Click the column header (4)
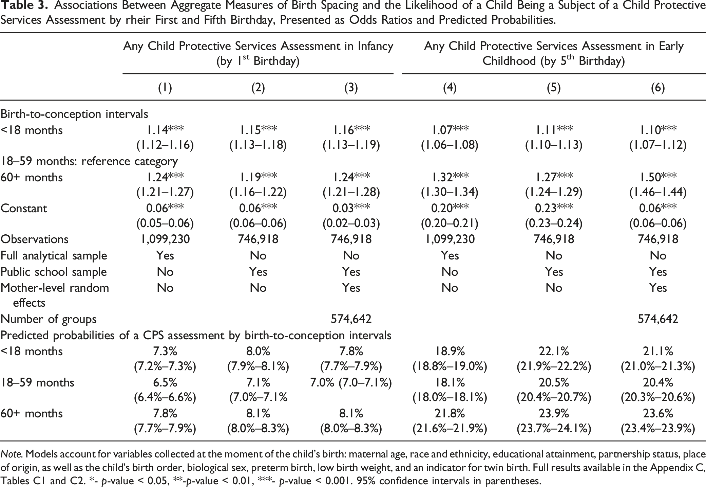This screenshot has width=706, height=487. tap(450, 88)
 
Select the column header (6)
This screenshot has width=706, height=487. tap(658, 88)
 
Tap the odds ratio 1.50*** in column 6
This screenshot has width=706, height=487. tap(658, 177)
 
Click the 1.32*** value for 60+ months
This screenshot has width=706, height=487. tap(450, 177)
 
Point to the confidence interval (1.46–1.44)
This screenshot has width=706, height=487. tap(658, 193)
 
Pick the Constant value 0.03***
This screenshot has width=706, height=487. tap(351, 208)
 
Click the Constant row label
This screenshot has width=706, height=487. tap(24, 208)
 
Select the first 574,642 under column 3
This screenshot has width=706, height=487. tap(351, 319)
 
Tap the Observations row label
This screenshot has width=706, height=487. tap(35, 239)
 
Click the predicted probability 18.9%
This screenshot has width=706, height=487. tap(450, 351)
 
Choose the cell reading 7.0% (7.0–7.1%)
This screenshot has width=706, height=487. tap(351, 382)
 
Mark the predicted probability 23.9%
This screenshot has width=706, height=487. tap(554, 413)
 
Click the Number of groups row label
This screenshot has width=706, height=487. tap(49, 319)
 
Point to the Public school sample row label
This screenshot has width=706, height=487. tap(54, 272)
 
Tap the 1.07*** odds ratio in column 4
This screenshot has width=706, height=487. tap(450, 130)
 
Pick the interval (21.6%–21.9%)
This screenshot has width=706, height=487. tap(450, 429)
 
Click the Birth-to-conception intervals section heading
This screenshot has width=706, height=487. tap(74, 114)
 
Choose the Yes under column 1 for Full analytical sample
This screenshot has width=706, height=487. tap(165, 255)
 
